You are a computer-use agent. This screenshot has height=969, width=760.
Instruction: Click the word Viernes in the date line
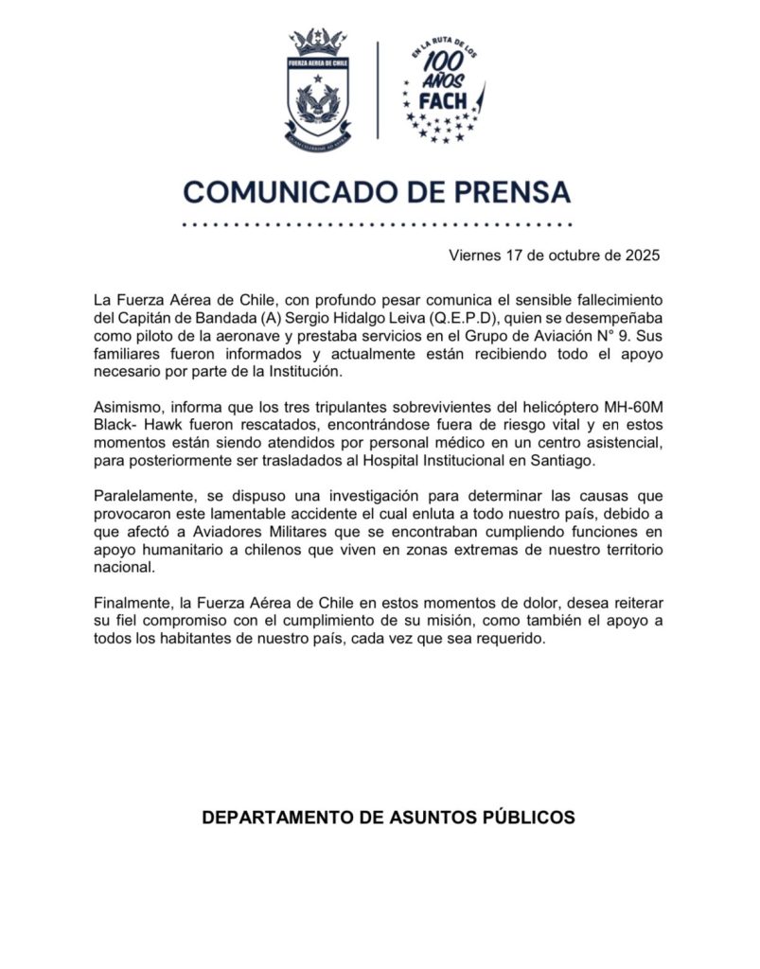[x=476, y=255]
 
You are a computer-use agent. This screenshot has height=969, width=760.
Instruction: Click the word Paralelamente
[x=143, y=496]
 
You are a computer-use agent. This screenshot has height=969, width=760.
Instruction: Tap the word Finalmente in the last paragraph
[x=133, y=604]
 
